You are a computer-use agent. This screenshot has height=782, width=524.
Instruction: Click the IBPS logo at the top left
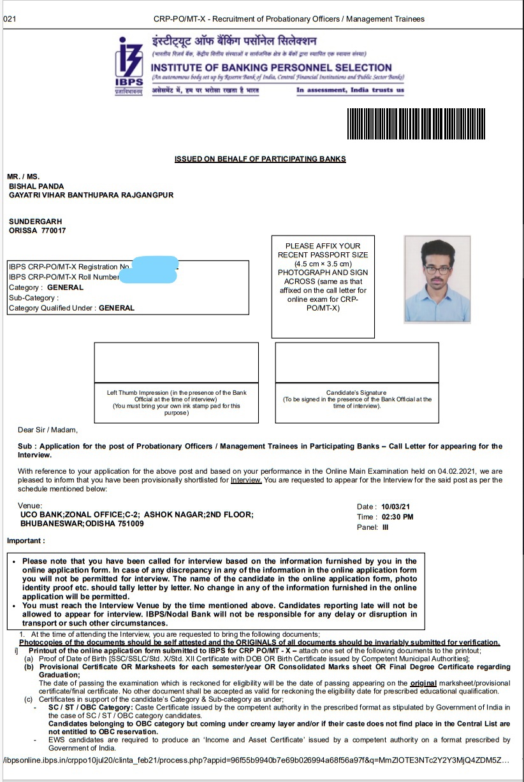click(x=129, y=65)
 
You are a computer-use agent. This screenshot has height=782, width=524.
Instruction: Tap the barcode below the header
click(x=427, y=124)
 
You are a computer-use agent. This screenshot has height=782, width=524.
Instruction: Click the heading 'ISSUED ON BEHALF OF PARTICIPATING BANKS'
click(x=260, y=159)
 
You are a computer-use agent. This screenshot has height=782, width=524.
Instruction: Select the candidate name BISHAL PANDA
click(x=36, y=186)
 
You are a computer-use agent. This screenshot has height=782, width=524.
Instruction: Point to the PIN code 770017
click(x=53, y=231)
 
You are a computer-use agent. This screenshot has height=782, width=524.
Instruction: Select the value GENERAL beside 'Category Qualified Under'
click(x=117, y=308)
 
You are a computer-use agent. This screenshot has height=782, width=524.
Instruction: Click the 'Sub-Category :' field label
click(x=33, y=297)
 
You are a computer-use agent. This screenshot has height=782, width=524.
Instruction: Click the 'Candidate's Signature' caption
click(x=356, y=393)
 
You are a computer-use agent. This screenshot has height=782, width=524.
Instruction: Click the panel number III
click(x=384, y=527)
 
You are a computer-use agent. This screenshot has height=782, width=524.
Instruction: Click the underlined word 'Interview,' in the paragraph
click(x=246, y=480)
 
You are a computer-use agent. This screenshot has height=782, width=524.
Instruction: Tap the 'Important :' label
click(x=26, y=541)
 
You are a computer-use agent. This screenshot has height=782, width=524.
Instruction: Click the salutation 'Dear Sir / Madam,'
click(x=48, y=430)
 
